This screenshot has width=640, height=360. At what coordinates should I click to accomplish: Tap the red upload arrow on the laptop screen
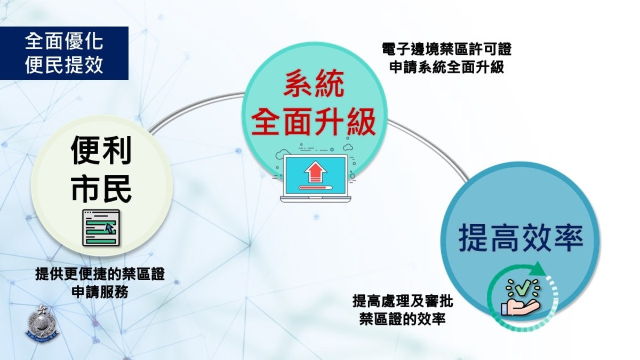(315, 171)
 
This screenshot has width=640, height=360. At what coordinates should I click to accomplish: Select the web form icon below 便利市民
(101, 228)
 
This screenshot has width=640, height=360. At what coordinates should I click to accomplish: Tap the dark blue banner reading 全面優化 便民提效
(64, 53)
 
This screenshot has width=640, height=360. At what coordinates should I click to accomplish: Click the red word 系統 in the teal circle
(314, 83)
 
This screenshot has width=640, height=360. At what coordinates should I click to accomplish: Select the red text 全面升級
(314, 122)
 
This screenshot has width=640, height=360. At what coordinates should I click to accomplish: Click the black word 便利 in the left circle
(101, 150)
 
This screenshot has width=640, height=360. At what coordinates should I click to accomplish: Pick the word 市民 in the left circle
(101, 189)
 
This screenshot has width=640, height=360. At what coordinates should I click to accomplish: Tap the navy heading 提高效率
(521, 239)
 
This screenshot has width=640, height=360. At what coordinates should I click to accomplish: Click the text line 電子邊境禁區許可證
(446, 50)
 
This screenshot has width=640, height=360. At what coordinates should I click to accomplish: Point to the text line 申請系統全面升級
(446, 67)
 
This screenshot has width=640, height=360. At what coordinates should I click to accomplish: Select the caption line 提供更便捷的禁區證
(100, 274)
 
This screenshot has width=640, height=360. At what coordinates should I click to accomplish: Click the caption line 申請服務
(100, 292)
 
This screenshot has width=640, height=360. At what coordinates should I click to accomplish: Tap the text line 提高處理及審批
(403, 301)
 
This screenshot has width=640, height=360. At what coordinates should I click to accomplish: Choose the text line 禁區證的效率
(403, 318)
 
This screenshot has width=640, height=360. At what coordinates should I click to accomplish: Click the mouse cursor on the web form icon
(110, 228)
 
